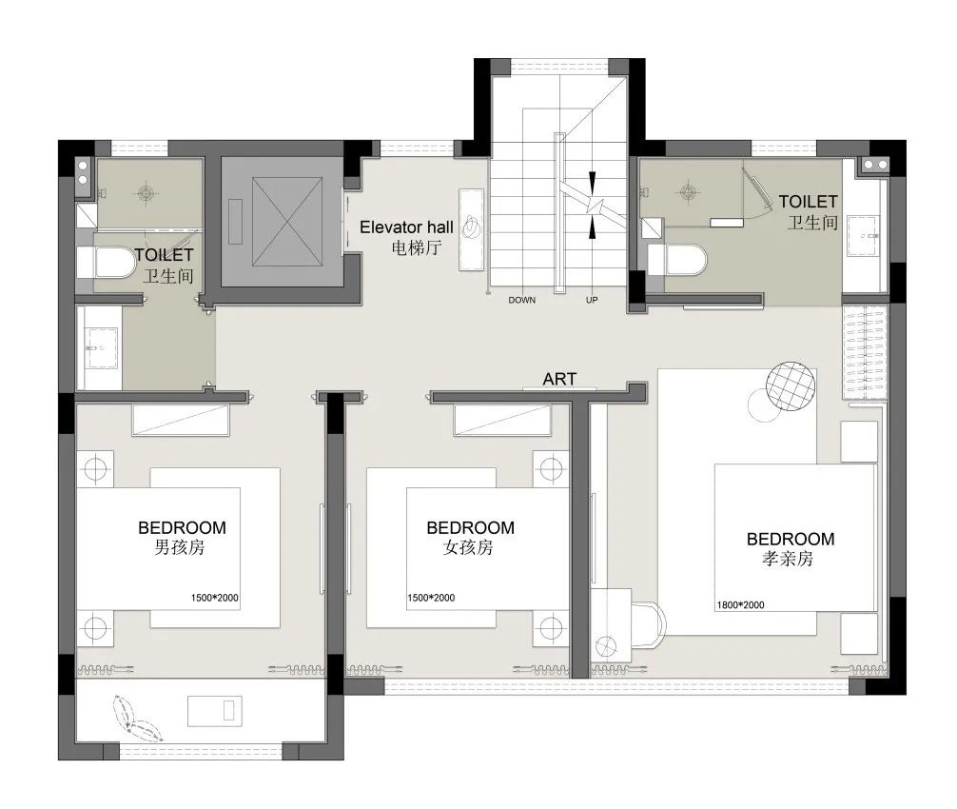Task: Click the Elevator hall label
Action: (x=406, y=227)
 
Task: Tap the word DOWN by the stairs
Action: (x=522, y=300)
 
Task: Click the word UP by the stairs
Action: (x=592, y=300)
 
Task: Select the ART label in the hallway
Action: (x=559, y=379)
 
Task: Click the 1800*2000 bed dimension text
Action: (x=740, y=605)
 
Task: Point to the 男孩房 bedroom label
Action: (x=180, y=547)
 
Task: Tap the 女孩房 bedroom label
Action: (x=468, y=547)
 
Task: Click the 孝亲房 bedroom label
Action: (x=788, y=559)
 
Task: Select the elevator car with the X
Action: (x=287, y=222)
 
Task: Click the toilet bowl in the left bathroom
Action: (x=114, y=263)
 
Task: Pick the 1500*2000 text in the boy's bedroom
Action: (x=215, y=598)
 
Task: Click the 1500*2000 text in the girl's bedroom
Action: (x=432, y=598)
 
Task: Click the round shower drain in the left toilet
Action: (x=146, y=193)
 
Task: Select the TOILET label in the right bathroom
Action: (x=808, y=202)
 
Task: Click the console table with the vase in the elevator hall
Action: (x=471, y=229)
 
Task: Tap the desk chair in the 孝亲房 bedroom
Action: (x=648, y=622)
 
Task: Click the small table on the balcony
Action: (x=214, y=711)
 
